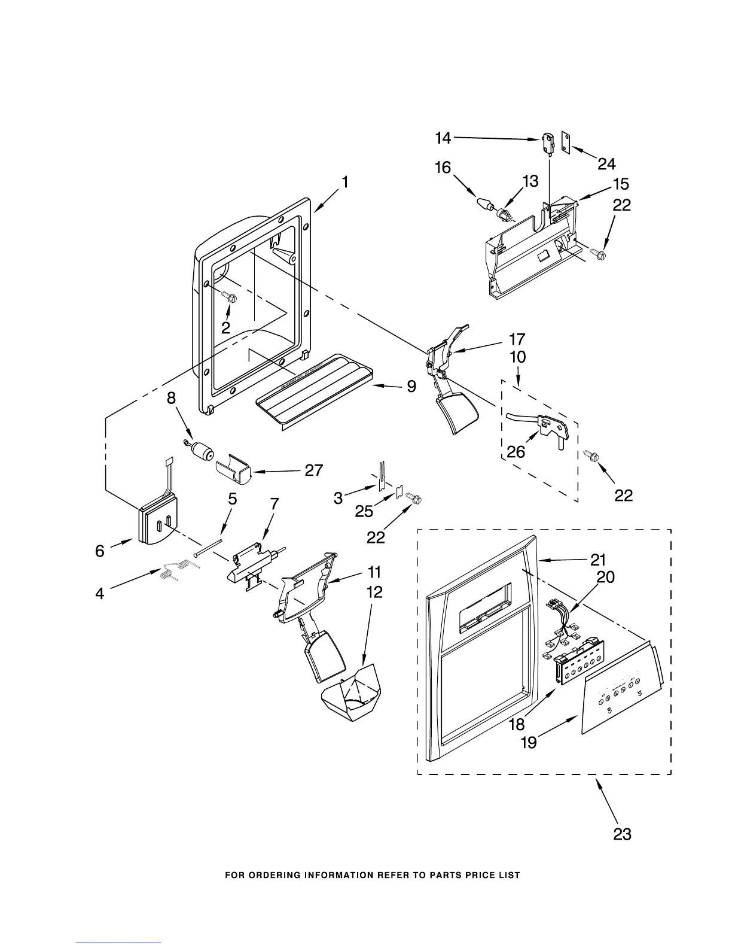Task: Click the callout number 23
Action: (x=622, y=833)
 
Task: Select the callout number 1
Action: (x=345, y=182)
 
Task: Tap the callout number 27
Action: (x=314, y=470)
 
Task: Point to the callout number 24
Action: (x=606, y=163)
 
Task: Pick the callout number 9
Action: (x=411, y=387)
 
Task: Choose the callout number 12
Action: (x=374, y=592)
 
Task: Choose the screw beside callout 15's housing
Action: (x=598, y=255)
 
